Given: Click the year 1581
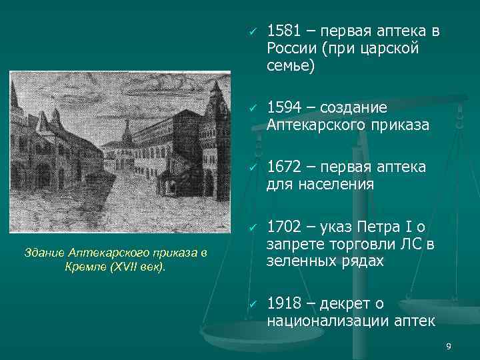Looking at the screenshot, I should click(283, 31).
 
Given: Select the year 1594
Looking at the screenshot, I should click(283, 108).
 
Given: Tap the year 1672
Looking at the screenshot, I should click(283, 165).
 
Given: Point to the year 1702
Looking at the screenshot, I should click(283, 228).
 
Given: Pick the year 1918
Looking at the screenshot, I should click(283, 304).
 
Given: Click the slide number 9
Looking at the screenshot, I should click(448, 346).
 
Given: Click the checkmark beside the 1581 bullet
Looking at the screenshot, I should click(253, 32).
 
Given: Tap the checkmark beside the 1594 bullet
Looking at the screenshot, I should click(253, 109).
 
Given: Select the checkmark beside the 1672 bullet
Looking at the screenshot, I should click(253, 165).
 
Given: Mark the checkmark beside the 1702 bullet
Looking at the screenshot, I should click(253, 229).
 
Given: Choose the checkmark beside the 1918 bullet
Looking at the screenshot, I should click(253, 305).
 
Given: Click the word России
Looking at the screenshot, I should click(291, 49).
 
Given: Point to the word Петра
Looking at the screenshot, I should click(379, 228).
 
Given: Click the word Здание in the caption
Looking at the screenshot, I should click(44, 252).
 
